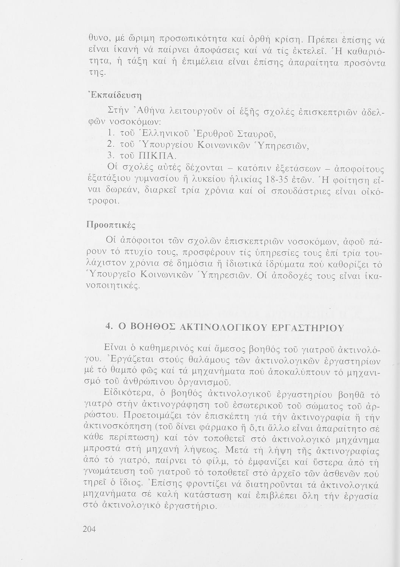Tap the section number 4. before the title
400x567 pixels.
click(x=108, y=328)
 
